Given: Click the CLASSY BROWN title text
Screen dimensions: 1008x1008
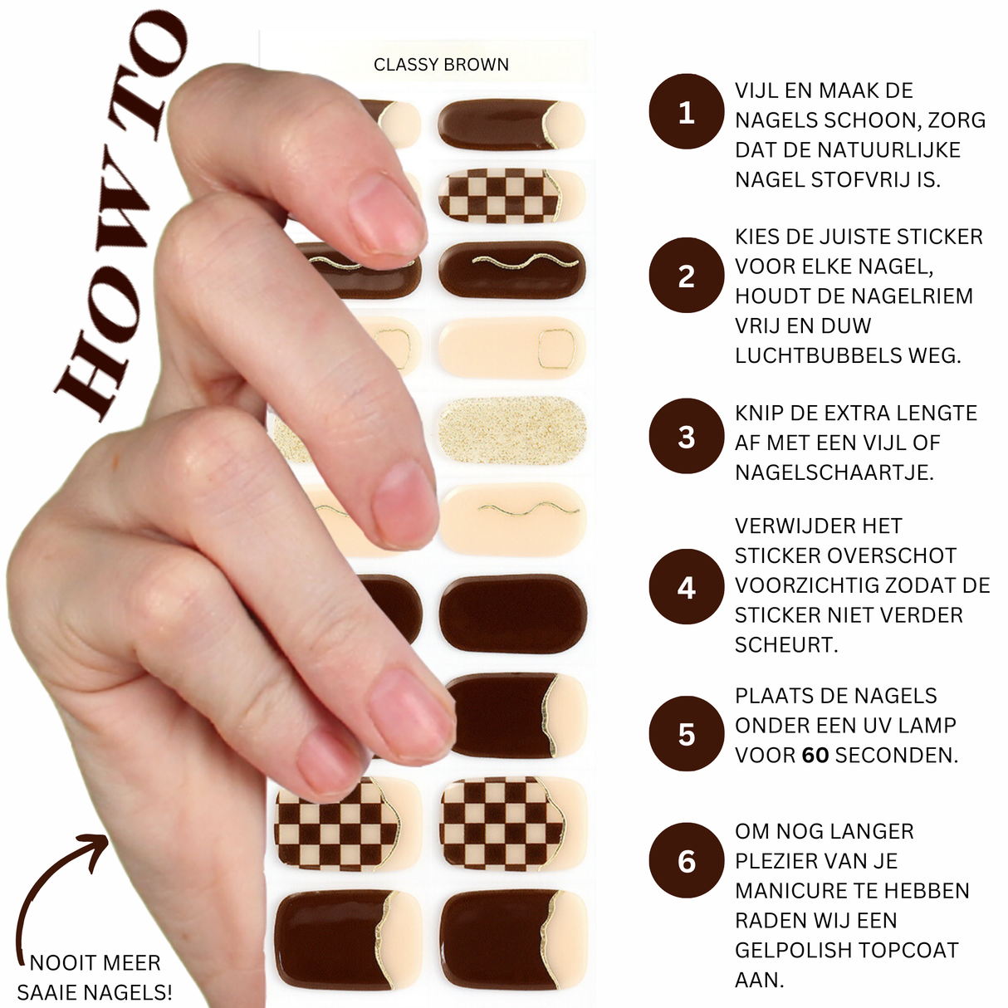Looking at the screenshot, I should (x=441, y=65).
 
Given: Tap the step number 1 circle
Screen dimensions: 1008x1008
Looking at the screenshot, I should (x=686, y=112).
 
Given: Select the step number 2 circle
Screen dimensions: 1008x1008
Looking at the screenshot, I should (x=686, y=276).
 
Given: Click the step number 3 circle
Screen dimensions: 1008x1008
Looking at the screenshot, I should (x=686, y=436).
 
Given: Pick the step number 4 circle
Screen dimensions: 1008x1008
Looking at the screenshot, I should (x=686, y=587).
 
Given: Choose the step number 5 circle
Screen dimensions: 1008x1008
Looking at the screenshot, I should (x=686, y=734).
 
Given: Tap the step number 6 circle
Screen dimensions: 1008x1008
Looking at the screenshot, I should (x=686, y=861).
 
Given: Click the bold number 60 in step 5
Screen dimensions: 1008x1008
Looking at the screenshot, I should (x=815, y=756).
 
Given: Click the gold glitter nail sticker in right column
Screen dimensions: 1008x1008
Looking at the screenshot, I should (x=511, y=431).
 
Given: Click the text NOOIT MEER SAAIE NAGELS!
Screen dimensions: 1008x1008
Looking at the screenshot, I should (x=95, y=977).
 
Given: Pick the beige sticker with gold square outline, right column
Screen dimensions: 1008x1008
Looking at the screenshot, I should (x=511, y=347).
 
